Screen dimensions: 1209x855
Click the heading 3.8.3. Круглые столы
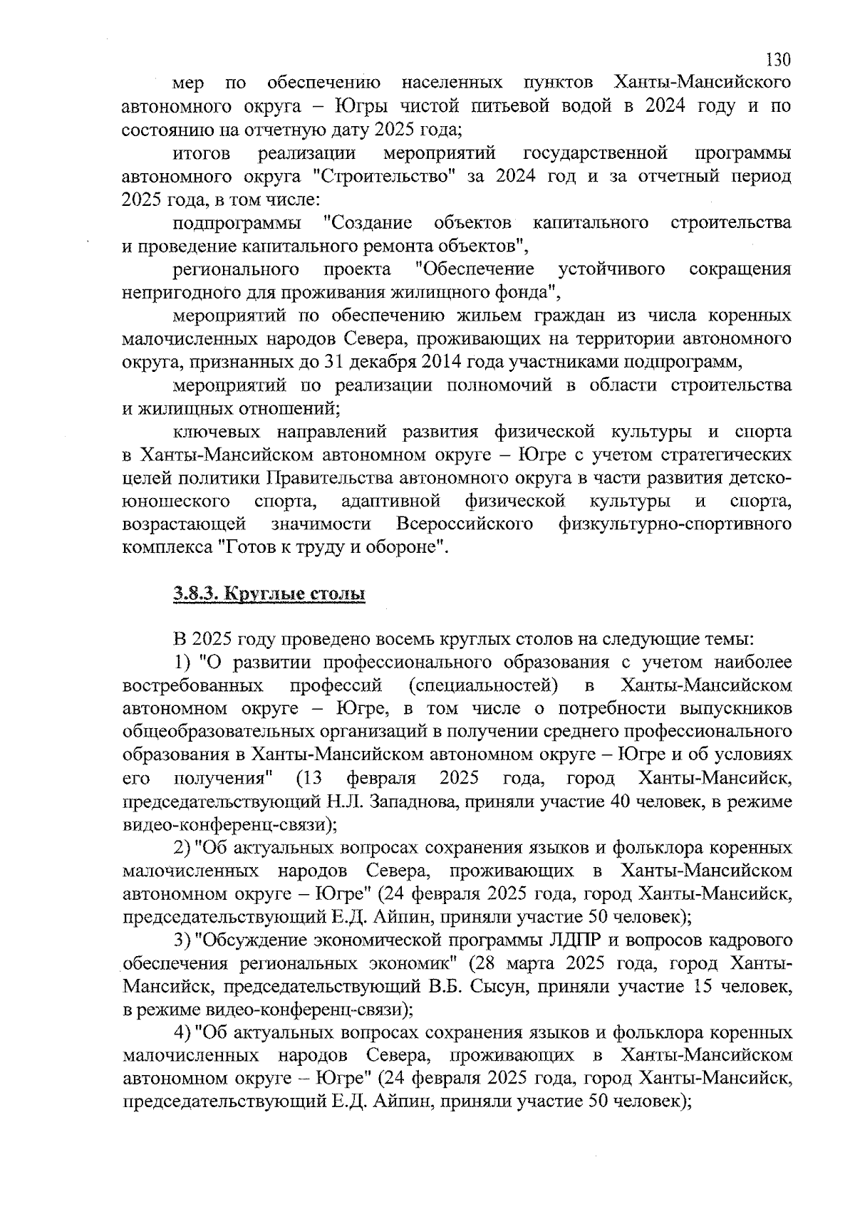(x=269, y=593)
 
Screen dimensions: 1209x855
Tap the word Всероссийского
(x=465, y=524)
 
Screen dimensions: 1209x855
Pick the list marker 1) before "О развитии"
(x=184, y=663)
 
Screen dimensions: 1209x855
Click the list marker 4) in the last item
(x=184, y=1033)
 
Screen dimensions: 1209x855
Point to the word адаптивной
(x=390, y=502)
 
